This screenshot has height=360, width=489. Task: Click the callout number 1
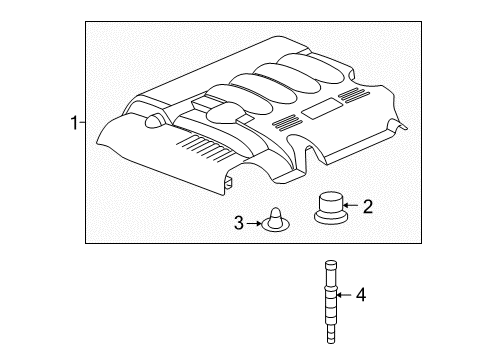[x=73, y=124]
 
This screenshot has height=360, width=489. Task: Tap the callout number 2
[x=367, y=208]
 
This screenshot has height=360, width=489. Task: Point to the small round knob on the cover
[x=154, y=121]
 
